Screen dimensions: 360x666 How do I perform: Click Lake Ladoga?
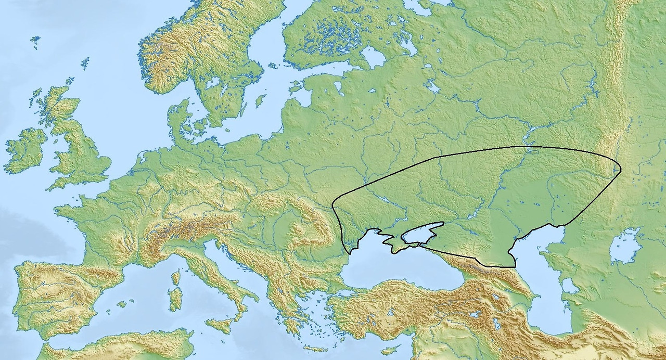[373, 56]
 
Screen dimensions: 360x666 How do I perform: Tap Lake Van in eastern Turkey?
[476, 314]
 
